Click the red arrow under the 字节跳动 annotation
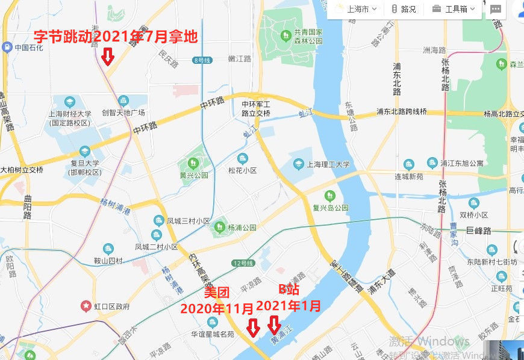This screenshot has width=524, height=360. coord(108,57)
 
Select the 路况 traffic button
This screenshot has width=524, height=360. coord(403,9)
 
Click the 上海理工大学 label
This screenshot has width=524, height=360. coord(328,164)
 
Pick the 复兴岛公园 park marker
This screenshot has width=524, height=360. coord(329,196)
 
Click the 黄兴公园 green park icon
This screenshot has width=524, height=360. coord(193,163)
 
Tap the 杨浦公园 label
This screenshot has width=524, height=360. coord(242,228)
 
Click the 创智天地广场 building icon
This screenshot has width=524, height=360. coord(123,100)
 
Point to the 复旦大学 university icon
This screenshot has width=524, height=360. coord(85,151)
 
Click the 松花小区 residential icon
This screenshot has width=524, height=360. coord(242,159)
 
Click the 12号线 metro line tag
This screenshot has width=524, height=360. coord(245,263)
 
